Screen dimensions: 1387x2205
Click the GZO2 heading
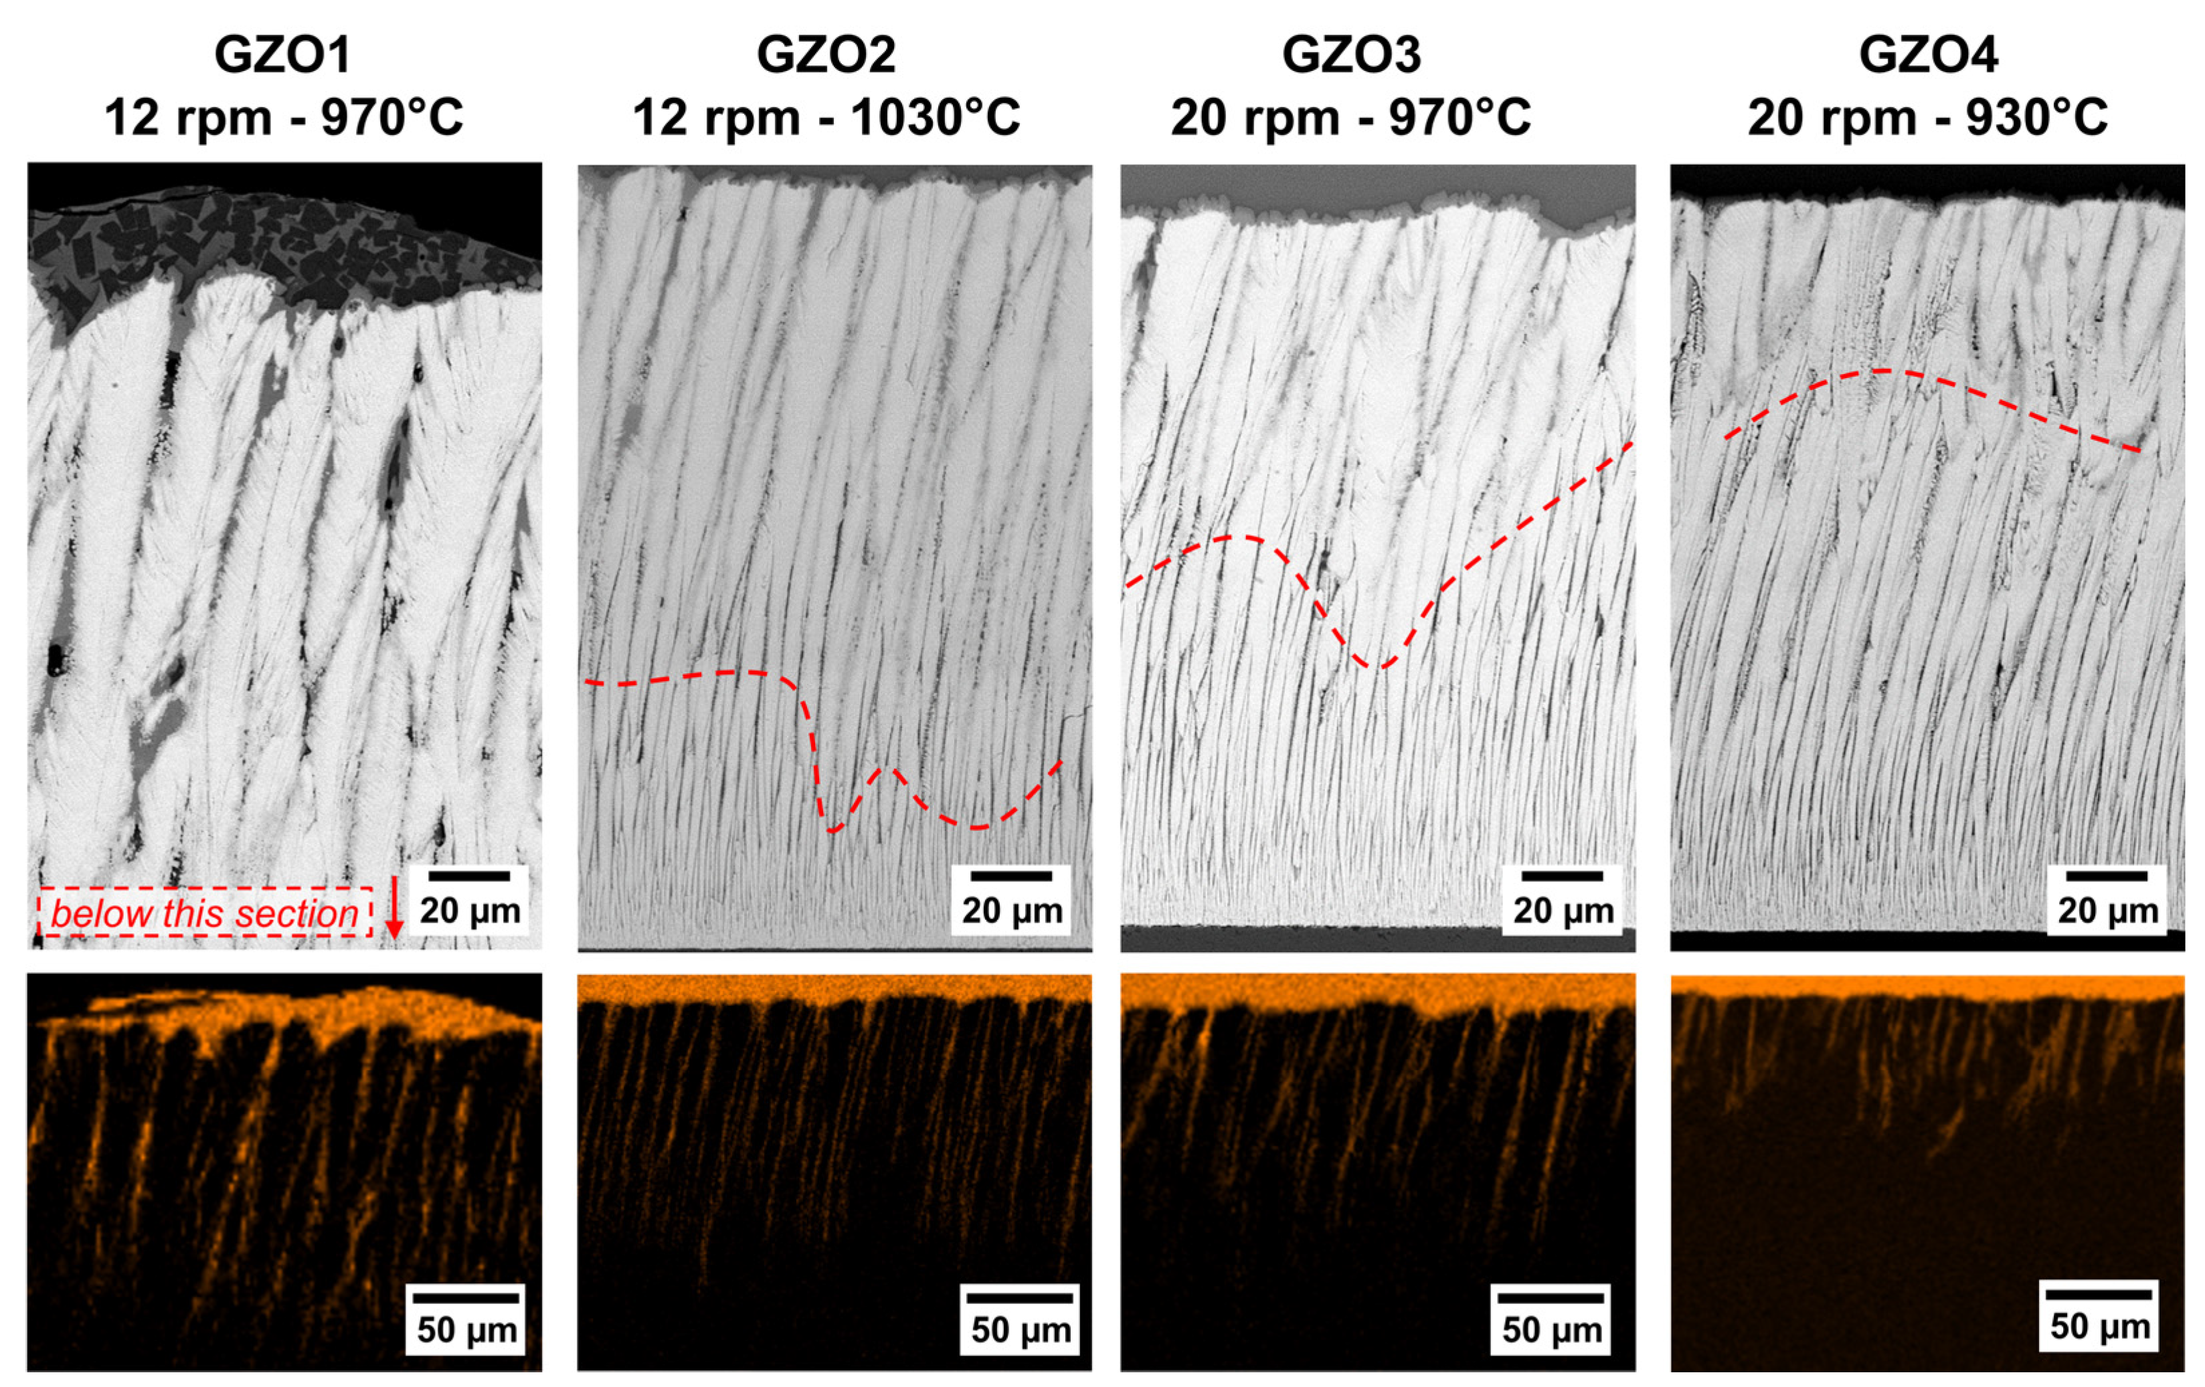(825, 55)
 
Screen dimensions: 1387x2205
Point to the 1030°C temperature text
(935, 118)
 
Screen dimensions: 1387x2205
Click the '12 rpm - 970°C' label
(284, 118)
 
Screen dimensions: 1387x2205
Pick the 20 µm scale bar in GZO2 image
(1011, 876)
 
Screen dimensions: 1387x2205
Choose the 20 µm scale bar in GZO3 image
(1562, 876)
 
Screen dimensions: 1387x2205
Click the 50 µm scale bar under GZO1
(466, 1297)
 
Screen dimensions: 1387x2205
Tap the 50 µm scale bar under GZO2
(1020, 1297)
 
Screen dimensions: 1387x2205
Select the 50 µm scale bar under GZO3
(1551, 1297)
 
